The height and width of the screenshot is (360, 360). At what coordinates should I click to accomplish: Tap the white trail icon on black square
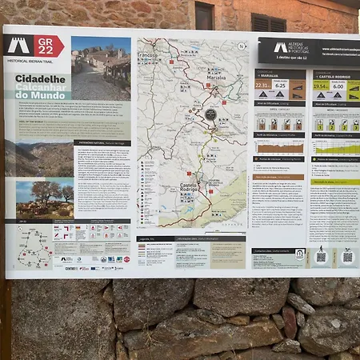(18, 46)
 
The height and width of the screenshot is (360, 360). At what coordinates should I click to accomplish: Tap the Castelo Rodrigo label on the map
(189, 189)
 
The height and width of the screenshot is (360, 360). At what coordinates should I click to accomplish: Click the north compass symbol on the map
(241, 46)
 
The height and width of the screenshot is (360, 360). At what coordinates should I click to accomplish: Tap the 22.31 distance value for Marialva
(262, 86)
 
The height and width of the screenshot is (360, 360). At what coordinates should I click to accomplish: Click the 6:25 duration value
(281, 86)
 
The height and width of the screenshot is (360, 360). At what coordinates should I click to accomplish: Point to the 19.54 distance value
(320, 86)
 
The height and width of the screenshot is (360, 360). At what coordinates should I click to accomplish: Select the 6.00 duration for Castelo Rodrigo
(338, 86)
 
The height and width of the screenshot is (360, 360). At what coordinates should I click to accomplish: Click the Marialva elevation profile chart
(279, 148)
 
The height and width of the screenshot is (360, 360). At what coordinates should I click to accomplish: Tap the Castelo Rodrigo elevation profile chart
(336, 146)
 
